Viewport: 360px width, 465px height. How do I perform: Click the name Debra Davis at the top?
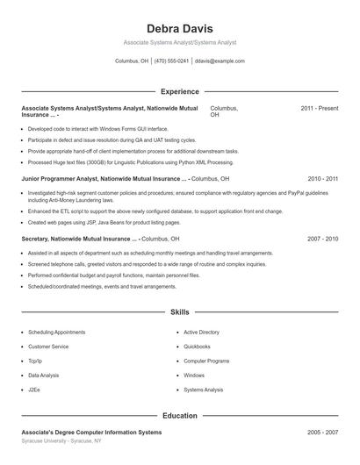tap(179, 28)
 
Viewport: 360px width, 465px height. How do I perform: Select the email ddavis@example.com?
tap(220, 61)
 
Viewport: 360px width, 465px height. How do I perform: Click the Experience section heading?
tap(179, 91)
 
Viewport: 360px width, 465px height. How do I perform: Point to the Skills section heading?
tap(179, 311)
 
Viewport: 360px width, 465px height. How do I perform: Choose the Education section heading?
tap(179, 416)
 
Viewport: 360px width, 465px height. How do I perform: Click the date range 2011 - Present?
tap(319, 108)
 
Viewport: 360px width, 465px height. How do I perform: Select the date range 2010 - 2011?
tap(322, 178)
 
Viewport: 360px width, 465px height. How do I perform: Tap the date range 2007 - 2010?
tap(322, 239)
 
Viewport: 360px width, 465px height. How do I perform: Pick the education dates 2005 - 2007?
tap(322, 433)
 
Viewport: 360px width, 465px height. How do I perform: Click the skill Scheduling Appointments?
tap(56, 333)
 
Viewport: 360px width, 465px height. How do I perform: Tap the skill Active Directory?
tap(201, 333)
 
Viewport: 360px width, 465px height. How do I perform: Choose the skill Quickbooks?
tap(197, 347)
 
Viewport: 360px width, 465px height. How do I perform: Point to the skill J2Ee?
tap(34, 390)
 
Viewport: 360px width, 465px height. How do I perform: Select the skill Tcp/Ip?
tap(35, 361)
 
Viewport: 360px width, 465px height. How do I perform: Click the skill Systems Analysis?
tap(203, 390)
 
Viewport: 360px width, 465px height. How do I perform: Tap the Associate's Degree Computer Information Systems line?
tap(91, 433)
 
